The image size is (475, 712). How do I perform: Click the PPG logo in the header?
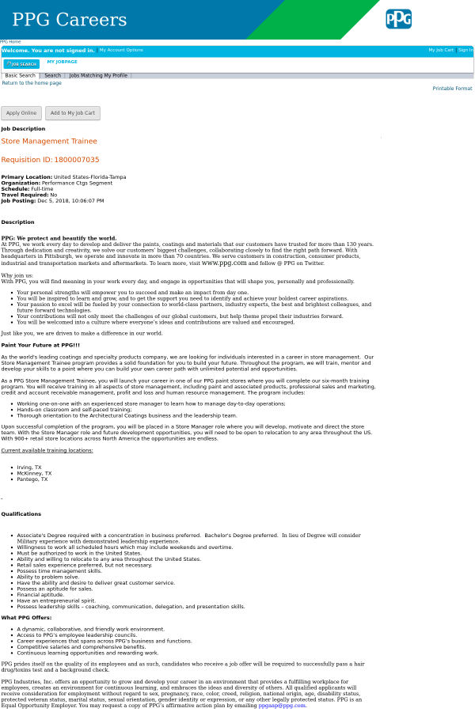point(398,19)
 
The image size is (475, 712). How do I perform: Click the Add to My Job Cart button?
point(73,113)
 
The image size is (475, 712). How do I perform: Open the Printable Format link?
point(452,89)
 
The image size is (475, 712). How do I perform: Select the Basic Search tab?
point(20,76)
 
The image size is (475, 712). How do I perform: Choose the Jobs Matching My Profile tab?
point(98,76)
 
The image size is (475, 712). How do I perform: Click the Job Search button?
point(21,64)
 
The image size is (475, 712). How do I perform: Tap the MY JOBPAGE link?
point(62,62)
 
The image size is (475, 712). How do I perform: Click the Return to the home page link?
point(32,83)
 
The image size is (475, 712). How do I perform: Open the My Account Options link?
point(121,50)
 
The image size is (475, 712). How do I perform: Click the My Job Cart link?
point(441,50)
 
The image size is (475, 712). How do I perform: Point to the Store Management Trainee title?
point(49,141)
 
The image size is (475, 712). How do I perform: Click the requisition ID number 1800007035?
point(77,160)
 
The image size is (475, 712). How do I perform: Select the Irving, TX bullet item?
point(29,468)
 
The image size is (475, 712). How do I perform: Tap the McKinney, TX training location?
point(34,473)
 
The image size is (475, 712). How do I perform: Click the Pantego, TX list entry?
point(32,479)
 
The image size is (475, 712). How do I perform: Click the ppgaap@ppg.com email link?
point(282,705)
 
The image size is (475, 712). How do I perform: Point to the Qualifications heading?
point(21,514)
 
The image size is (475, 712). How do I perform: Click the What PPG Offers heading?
point(26,618)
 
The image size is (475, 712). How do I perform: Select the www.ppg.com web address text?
point(224,263)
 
